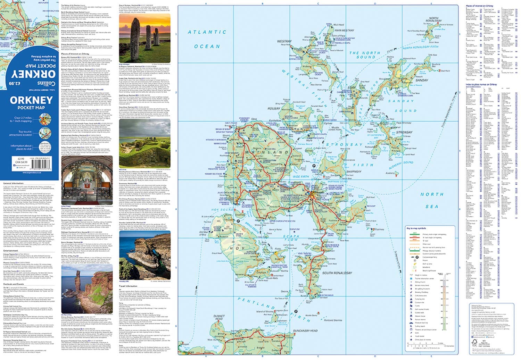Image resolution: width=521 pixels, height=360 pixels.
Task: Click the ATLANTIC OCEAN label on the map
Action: point(207,39)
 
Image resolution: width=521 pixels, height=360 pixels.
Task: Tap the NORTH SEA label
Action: point(432,200)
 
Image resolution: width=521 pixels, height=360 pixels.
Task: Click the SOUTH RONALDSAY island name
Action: point(337,273)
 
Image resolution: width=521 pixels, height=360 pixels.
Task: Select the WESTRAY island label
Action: point(284,41)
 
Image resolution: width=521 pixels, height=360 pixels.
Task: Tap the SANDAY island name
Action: point(422,80)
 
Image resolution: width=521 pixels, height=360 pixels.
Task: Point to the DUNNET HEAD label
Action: point(219,317)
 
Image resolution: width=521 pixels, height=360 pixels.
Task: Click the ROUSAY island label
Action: point(274,109)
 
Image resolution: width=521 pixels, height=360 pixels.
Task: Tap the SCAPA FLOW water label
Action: point(291,236)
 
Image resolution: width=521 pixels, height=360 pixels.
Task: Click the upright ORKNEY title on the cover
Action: point(31,101)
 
